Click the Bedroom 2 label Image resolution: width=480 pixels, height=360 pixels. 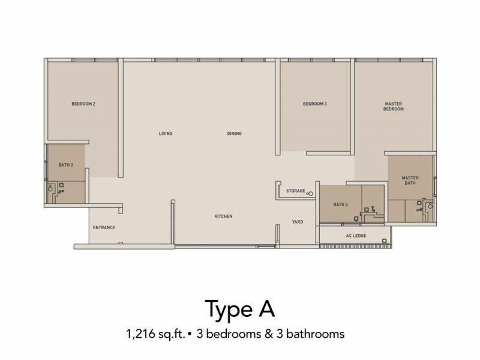[83, 104]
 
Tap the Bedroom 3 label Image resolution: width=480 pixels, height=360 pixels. [314, 104]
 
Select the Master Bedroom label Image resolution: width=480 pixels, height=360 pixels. [394, 106]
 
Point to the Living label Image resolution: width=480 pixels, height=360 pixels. [166, 133]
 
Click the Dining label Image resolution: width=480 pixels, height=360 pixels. [234, 133]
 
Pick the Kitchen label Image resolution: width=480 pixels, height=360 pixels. [223, 216]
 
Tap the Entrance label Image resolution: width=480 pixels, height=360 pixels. [104, 227]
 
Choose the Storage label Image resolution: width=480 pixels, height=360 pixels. [295, 191]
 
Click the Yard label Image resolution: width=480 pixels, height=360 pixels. [297, 221]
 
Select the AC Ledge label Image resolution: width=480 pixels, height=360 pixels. [356, 235]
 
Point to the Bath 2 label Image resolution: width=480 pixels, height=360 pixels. [66, 165]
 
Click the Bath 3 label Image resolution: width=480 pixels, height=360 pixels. [340, 204]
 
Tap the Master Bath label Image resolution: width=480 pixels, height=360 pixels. [410, 181]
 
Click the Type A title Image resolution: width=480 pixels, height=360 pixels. [239, 309]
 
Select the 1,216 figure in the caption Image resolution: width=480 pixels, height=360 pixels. [140, 334]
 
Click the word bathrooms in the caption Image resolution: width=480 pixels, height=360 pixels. [316, 334]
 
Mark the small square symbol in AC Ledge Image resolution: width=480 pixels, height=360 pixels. [384, 241]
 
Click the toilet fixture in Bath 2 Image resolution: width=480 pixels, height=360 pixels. [50, 188]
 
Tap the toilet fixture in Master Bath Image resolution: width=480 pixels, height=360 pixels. [430, 206]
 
